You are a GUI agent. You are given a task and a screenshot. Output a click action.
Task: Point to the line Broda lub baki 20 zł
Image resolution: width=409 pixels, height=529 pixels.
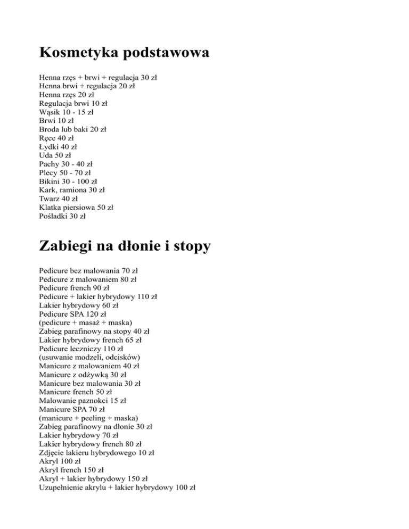tap(73, 129)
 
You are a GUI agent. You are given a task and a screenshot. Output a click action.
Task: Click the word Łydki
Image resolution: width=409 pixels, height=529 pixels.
tap(50, 146)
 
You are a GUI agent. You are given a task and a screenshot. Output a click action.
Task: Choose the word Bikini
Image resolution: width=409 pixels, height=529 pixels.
tap(50, 181)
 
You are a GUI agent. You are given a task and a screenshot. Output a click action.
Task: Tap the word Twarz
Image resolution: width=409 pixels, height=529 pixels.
tap(50, 199)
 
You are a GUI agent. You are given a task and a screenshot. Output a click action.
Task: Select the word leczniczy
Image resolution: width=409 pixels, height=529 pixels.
tap(86, 349)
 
